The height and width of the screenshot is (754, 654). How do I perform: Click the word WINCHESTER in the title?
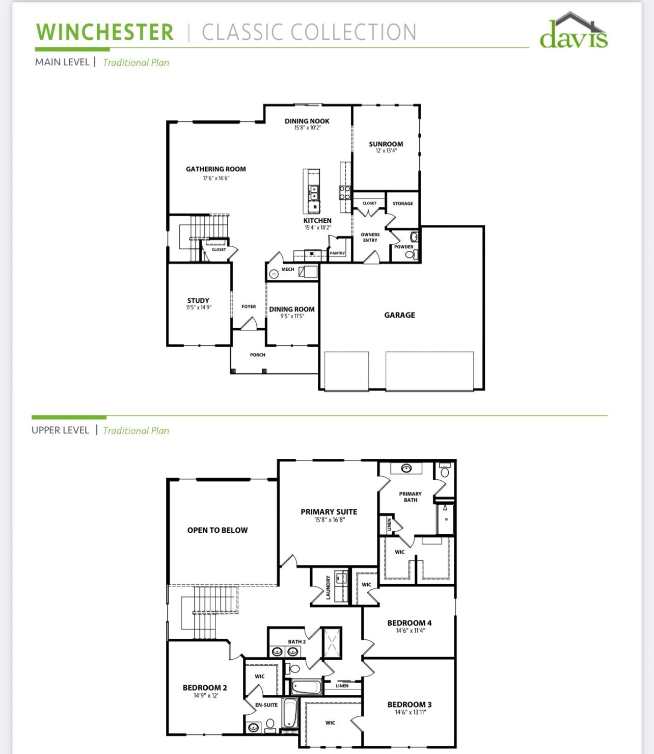click(x=105, y=32)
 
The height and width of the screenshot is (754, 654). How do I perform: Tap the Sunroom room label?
click(x=386, y=144)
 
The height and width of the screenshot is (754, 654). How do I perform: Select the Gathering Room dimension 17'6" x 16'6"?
click(x=216, y=178)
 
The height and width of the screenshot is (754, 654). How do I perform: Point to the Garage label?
click(x=399, y=315)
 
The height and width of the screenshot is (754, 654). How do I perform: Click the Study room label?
click(x=198, y=301)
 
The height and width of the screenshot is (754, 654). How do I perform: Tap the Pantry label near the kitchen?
click(x=337, y=253)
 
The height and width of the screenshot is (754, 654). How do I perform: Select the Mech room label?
click(x=288, y=269)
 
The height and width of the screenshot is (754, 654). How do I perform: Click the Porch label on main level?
click(x=258, y=355)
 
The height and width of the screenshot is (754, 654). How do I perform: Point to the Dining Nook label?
click(x=307, y=121)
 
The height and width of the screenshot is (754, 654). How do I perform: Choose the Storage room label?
click(x=403, y=203)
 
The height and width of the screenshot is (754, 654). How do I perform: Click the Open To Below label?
click(x=217, y=530)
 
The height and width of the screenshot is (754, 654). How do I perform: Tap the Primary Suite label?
click(x=329, y=512)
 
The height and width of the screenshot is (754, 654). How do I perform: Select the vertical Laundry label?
click(x=329, y=587)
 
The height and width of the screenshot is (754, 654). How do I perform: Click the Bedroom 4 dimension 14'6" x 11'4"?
click(x=410, y=631)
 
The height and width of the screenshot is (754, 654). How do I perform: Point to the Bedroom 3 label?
click(x=410, y=705)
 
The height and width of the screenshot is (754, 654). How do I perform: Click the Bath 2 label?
click(x=296, y=642)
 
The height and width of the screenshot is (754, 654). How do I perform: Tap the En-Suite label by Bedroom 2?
click(x=266, y=705)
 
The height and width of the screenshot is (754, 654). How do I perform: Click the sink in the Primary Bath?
click(x=406, y=468)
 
